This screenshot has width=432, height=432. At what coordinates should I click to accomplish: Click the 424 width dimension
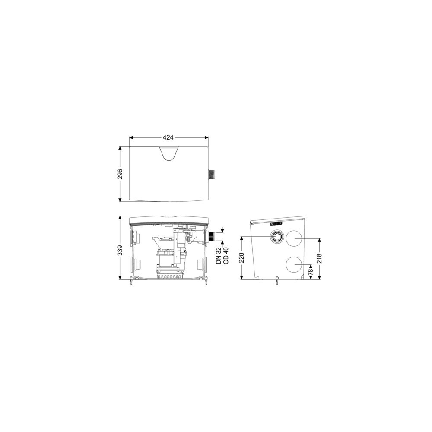[x=168, y=137]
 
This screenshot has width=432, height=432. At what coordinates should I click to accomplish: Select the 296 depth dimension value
[x=120, y=174]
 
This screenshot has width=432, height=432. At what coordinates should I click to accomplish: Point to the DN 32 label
[x=219, y=255]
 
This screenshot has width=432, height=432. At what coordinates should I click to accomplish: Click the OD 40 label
[x=226, y=255]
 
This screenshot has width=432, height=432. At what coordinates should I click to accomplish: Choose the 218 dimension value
[x=319, y=258]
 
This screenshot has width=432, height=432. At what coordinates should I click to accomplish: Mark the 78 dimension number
[x=311, y=272]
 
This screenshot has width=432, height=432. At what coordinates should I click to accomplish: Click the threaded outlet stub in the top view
[x=212, y=175]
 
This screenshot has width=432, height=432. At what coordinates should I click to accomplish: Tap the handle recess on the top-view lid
[x=168, y=153]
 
